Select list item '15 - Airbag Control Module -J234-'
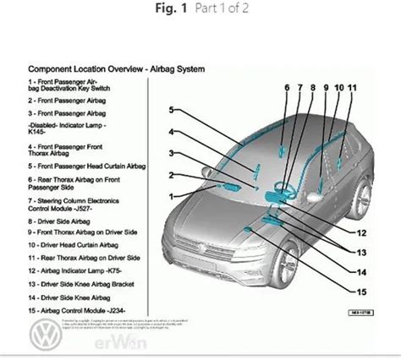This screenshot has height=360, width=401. (79, 310)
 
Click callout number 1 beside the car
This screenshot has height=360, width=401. (171, 196)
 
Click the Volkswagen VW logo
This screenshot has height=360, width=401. (44, 340)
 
